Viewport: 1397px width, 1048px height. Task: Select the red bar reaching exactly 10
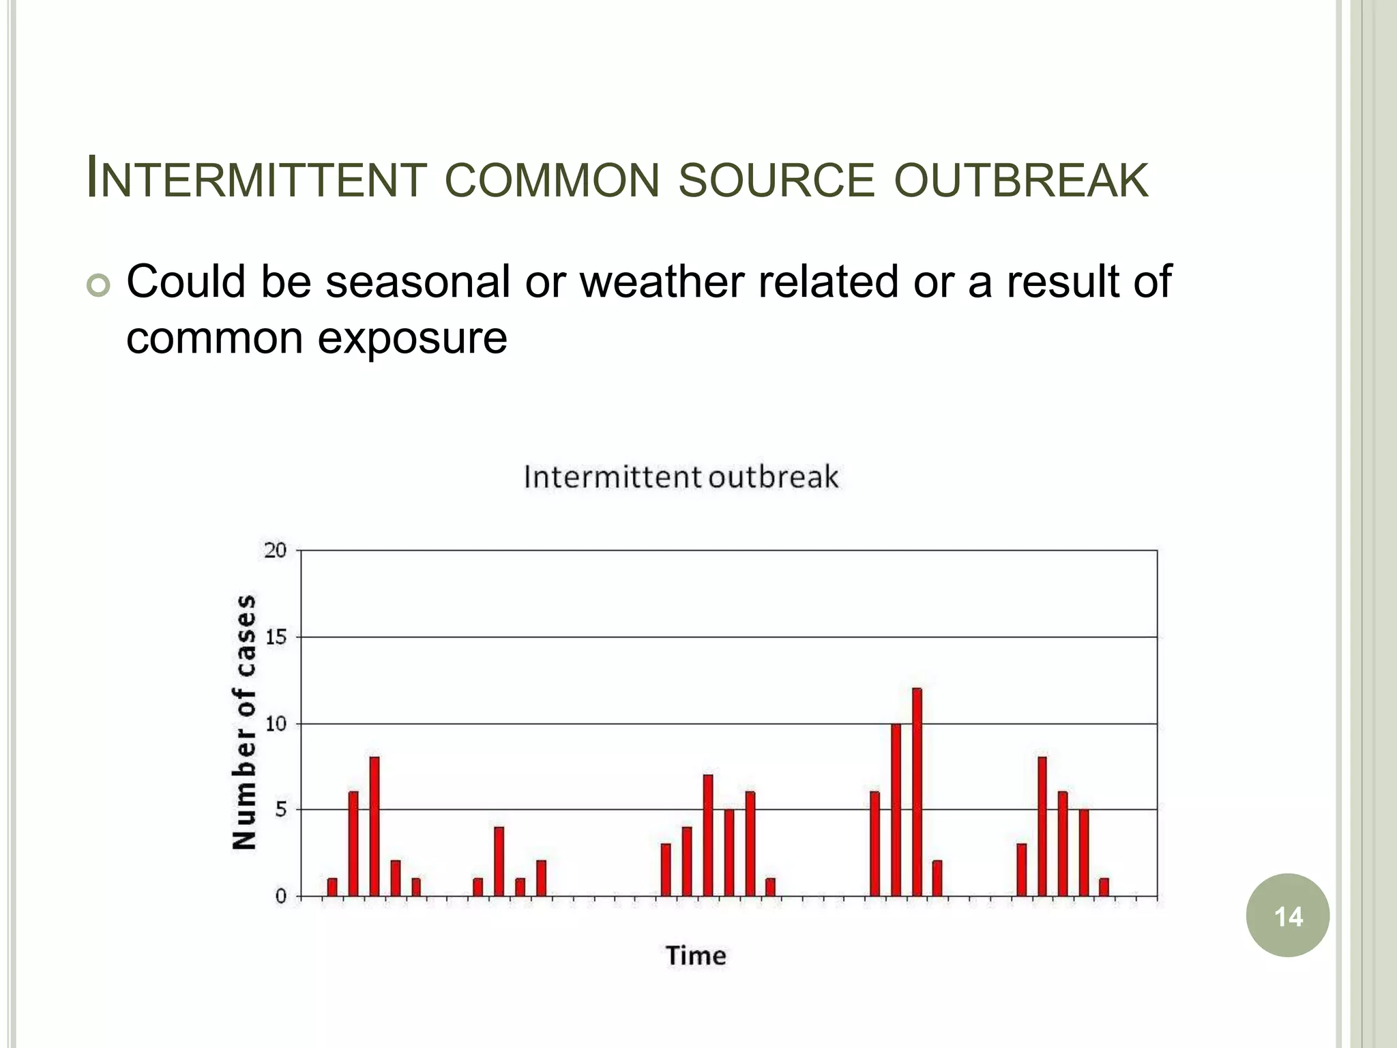[896, 809]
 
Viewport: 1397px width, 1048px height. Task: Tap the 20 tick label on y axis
[276, 550]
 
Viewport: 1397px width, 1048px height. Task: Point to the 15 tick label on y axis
[276, 637]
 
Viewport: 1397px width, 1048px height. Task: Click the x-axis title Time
[696, 955]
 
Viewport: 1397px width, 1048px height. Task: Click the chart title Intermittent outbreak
[681, 476]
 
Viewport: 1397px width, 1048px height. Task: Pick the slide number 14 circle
[1287, 916]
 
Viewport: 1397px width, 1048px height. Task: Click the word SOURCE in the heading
[776, 181]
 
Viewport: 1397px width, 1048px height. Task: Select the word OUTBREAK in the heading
[1021, 181]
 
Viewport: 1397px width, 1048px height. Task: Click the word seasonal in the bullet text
[417, 281]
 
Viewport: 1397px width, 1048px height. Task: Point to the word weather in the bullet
[662, 281]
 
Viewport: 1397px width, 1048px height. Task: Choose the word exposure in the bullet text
[412, 338]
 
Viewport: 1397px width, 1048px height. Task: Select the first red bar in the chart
[332, 887]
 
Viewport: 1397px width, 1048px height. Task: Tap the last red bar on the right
[1104, 887]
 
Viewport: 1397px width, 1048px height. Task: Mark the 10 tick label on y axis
[276, 723]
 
